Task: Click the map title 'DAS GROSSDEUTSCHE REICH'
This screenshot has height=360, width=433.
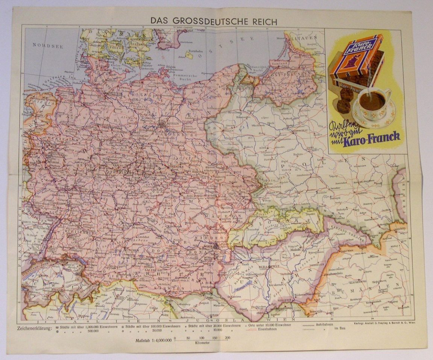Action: (x=213, y=21)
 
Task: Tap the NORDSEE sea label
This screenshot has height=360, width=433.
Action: (x=48, y=45)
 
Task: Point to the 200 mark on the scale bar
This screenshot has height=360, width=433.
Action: (x=227, y=338)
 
